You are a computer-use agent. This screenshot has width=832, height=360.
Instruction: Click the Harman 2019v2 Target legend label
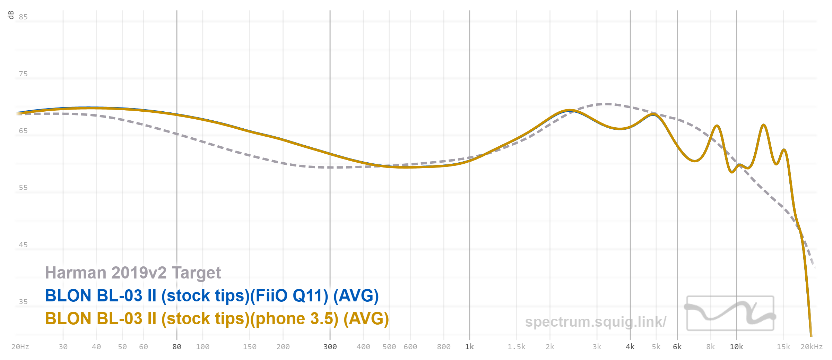point(133,273)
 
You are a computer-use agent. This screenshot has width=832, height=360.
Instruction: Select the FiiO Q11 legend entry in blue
point(212,296)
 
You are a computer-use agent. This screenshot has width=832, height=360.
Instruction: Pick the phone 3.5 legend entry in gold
point(217,319)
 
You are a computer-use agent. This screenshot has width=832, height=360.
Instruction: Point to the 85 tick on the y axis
point(23,17)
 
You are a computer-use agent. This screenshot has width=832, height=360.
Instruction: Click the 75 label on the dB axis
point(23,74)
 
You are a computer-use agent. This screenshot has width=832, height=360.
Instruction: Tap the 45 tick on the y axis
point(23,245)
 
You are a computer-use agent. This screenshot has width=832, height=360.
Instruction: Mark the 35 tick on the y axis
point(23,302)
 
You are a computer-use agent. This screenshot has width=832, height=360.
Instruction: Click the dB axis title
point(11,15)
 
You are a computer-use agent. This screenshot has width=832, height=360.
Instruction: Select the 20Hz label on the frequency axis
point(20,347)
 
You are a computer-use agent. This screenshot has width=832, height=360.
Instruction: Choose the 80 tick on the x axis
point(177,347)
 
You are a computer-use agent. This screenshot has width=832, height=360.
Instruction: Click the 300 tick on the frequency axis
point(330,347)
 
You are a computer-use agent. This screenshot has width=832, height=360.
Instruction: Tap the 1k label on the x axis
point(469,347)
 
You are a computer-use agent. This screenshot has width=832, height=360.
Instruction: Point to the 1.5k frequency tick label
point(517,347)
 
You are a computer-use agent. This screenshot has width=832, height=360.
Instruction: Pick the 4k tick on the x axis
point(630,347)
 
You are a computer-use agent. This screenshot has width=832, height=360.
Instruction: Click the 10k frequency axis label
point(736,347)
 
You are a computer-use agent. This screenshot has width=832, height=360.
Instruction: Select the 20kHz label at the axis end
point(811,347)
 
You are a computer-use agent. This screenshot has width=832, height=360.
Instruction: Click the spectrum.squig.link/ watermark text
point(596,322)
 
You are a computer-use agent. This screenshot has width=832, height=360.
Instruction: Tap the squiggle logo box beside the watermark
point(730,313)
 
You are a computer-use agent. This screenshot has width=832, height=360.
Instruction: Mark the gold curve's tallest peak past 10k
point(764,125)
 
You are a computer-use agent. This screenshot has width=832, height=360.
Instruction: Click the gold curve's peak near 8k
point(717,126)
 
